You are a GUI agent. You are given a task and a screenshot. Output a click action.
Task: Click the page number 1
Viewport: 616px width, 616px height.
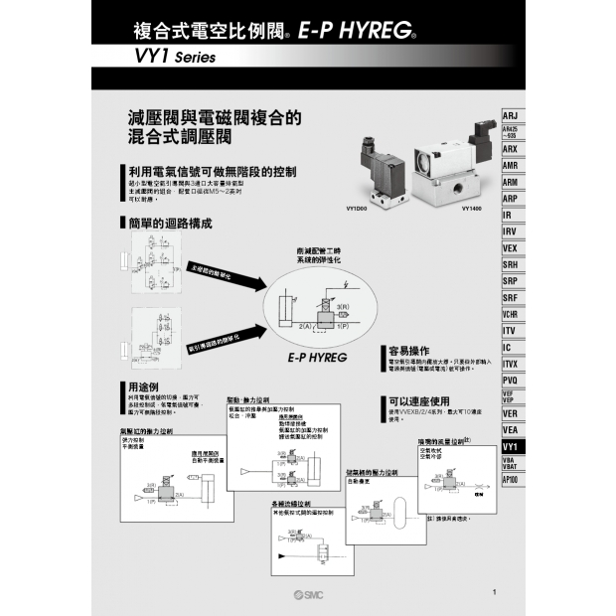(494, 593)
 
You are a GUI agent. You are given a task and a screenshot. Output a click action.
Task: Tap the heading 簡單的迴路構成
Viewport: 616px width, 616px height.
(170, 222)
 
